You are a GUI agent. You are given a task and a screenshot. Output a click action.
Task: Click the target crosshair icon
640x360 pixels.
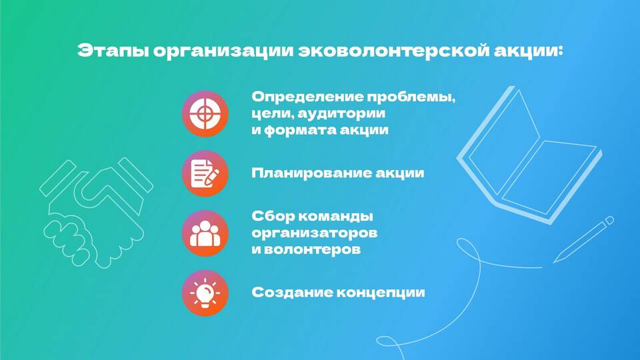pyautogui.click(x=205, y=113)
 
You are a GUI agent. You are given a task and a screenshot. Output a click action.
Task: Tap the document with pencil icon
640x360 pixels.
pyautogui.click(x=205, y=173)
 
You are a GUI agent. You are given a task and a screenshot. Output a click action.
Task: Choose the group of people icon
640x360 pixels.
pyautogui.click(x=205, y=233)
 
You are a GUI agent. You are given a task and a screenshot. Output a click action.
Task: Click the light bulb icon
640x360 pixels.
pyautogui.click(x=205, y=293)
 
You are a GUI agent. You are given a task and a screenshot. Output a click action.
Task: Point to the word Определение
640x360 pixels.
pyautogui.click(x=307, y=97)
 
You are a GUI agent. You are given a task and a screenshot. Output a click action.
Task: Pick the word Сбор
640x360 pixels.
pyautogui.click(x=272, y=216)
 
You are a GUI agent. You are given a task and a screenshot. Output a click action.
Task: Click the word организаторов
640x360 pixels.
pyautogui.click(x=314, y=233)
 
